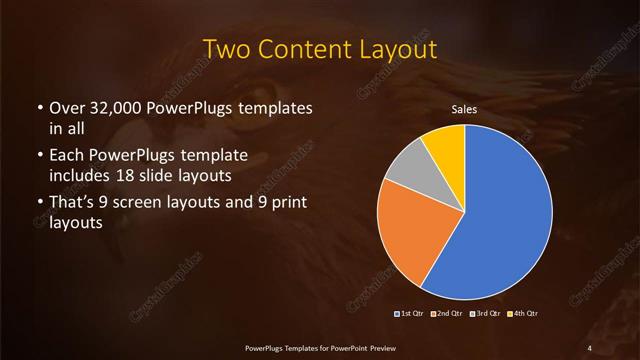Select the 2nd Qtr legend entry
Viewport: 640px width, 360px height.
[447, 314]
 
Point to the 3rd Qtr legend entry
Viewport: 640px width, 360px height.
[484, 314]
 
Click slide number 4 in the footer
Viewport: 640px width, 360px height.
[590, 347]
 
